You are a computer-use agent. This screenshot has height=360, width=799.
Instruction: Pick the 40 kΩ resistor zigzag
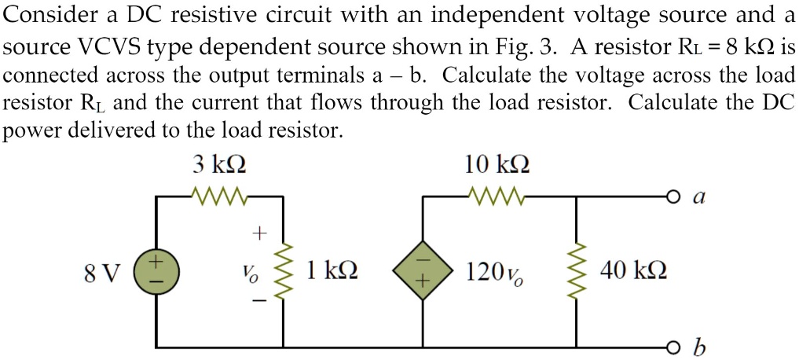pyautogui.click(x=578, y=270)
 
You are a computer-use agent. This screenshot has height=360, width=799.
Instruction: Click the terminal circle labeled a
pyautogui.click(x=670, y=196)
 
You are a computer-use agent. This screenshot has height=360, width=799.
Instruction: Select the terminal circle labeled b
pyautogui.click(x=670, y=346)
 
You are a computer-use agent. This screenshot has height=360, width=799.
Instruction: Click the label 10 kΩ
pyautogui.click(x=496, y=166)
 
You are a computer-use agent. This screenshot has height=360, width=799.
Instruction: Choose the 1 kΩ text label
pyautogui.click(x=331, y=272)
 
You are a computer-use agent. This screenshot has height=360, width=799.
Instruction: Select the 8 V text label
pyautogui.click(x=102, y=274)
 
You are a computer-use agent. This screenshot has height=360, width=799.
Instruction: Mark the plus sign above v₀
pyautogui.click(x=257, y=233)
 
